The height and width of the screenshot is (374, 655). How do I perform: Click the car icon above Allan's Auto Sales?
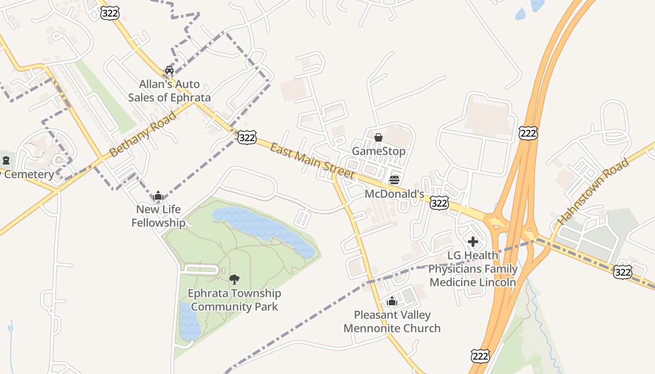coord(169,70)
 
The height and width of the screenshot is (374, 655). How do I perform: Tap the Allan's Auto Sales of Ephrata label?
coord(169,91)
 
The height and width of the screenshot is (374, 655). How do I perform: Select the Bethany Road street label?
coord(143,134)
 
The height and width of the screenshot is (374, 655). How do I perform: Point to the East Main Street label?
coord(312,161)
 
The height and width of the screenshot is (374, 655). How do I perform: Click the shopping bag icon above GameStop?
coord(378,137)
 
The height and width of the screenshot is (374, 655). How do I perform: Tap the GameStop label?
coord(378,151)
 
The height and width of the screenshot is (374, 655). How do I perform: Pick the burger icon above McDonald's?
coord(394,180)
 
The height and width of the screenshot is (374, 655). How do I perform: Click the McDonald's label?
coord(394,194)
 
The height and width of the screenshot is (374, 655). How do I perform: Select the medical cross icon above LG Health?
coord(473,242)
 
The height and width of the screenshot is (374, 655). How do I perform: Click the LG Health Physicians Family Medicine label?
coord(473,269)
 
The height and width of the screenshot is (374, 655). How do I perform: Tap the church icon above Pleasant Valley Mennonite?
coord(392,301)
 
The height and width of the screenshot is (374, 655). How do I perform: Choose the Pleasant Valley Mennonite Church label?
coord(392,322)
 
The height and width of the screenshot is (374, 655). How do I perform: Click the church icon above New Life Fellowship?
coord(158,195)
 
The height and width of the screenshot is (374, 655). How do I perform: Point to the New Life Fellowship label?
coord(158,216)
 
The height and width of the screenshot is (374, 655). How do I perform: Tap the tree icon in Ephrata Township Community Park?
coord(234,280)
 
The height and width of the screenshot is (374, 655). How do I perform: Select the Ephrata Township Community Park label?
coord(234,300)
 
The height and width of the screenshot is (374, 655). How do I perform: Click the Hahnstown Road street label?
coord(593,191)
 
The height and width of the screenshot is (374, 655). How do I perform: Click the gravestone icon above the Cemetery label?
coord(6,161)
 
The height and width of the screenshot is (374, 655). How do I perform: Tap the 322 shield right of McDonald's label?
coord(439,203)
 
